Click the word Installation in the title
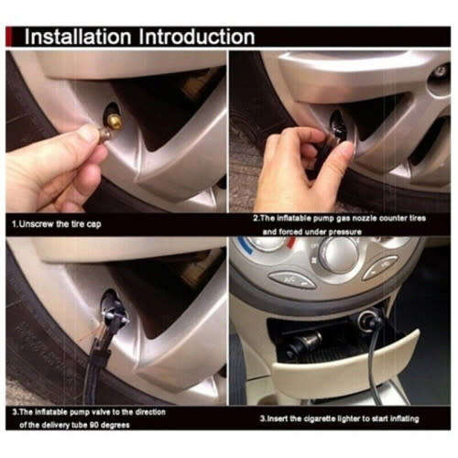77,37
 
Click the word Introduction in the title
194,37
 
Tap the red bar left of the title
13,37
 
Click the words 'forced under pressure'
322,233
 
